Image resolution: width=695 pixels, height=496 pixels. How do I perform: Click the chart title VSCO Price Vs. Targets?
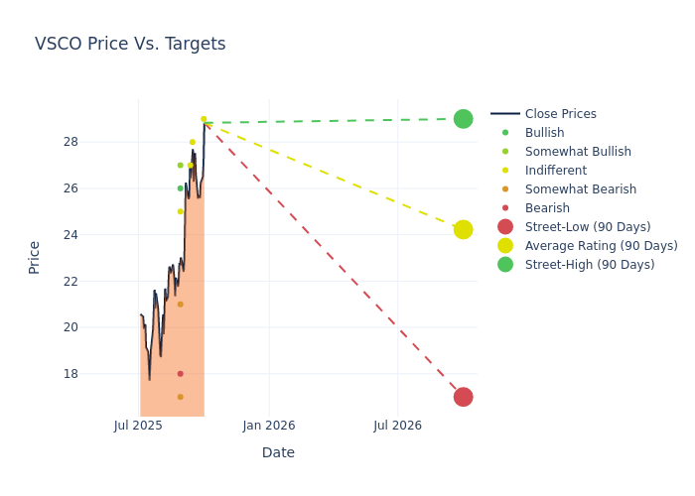[130, 44]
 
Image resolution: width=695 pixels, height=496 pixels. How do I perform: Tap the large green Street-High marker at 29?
[463, 119]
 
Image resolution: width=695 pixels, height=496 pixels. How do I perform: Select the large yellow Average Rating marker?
[463, 229]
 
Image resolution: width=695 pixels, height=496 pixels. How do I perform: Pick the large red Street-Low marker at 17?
[463, 397]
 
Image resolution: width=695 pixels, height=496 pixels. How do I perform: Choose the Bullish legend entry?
[544, 133]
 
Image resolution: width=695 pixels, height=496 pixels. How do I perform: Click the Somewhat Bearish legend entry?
[580, 189]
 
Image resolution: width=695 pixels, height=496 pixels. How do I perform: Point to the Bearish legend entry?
[547, 208]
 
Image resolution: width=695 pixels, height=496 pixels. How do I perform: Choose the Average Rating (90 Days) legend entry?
[601, 246]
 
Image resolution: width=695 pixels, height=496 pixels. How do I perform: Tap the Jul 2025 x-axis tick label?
[138, 426]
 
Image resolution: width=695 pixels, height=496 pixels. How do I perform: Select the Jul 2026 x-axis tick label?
[397, 426]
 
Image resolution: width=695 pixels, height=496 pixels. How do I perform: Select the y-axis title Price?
[35, 257]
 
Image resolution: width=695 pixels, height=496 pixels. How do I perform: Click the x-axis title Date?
[278, 452]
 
